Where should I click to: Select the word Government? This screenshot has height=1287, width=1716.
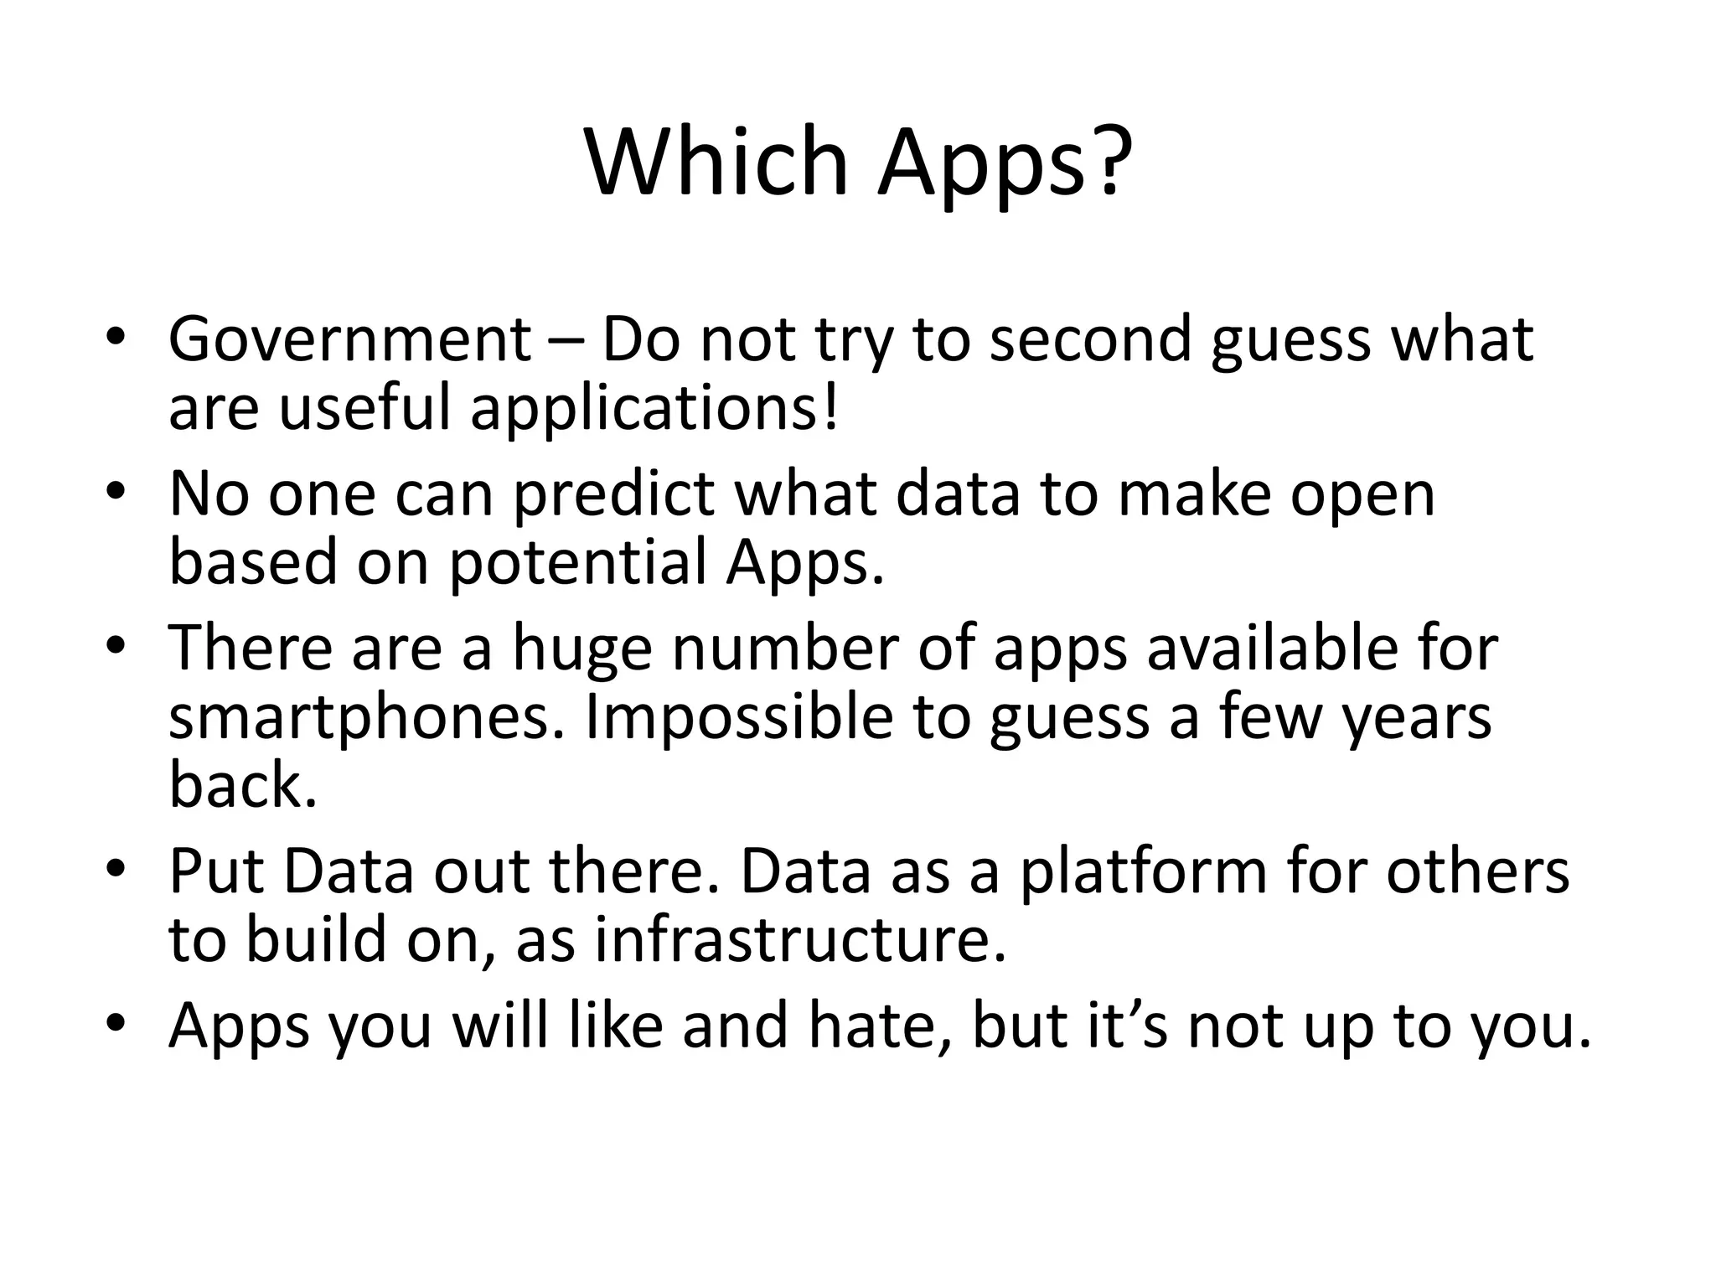coord(349,339)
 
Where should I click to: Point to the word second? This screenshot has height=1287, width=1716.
coord(1090,339)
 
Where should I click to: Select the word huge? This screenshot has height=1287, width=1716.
coord(582,650)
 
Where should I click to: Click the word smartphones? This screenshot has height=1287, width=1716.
coord(367,718)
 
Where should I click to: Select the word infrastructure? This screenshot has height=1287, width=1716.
coord(800,941)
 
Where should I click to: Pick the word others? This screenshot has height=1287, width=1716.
coord(1477,872)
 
